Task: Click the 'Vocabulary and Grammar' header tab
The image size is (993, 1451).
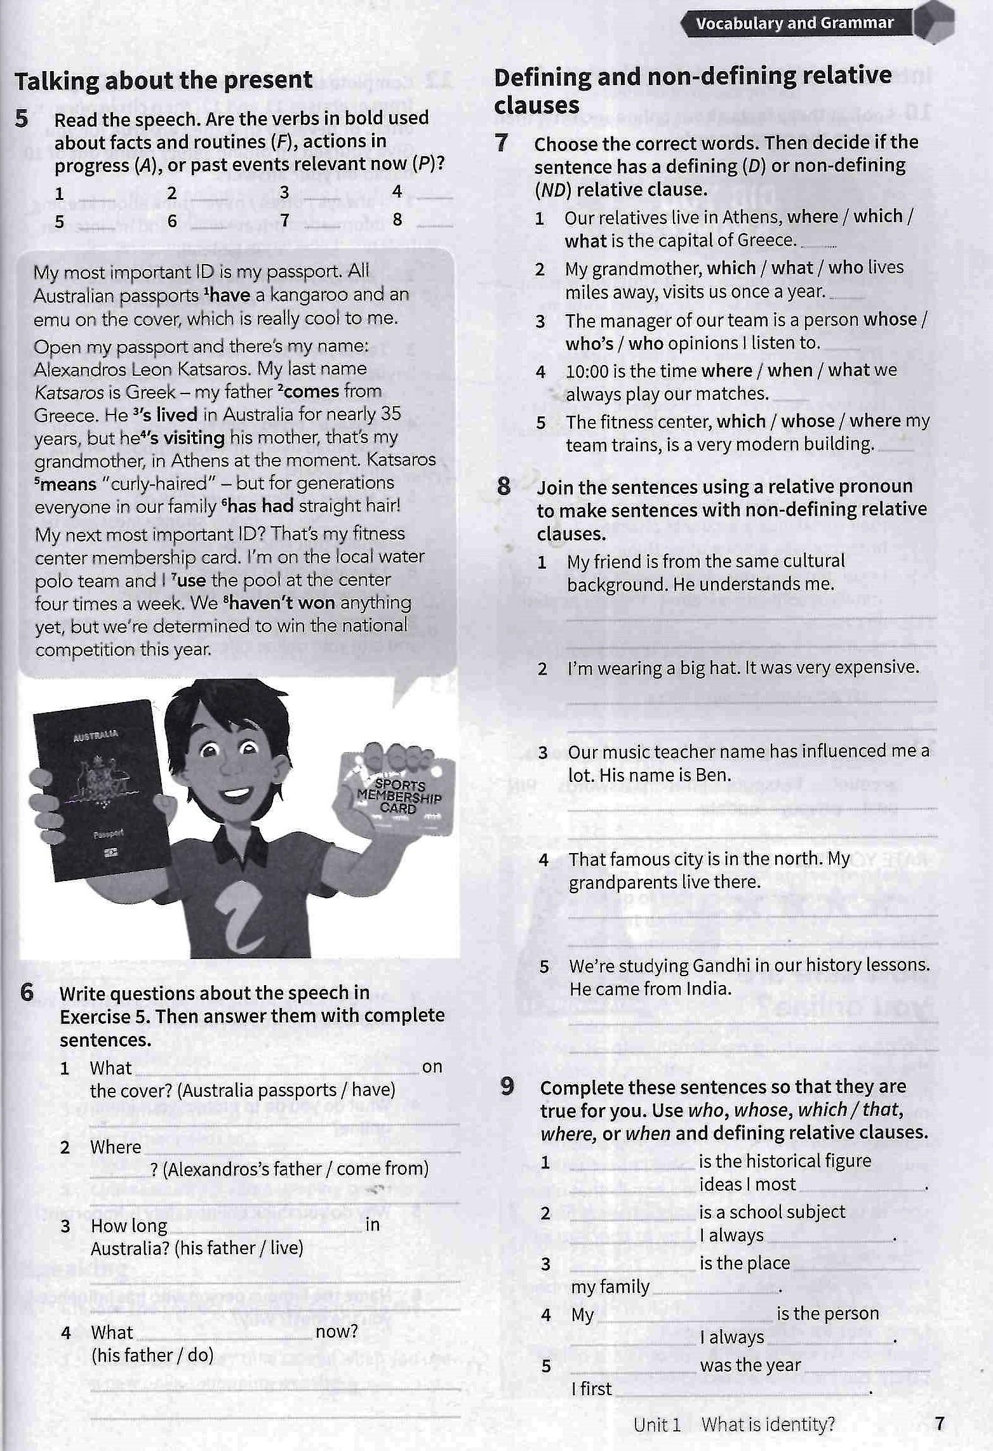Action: tap(794, 23)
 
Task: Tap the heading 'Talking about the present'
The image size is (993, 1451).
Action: tap(163, 81)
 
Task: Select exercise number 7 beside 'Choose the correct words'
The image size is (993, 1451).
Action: tap(502, 143)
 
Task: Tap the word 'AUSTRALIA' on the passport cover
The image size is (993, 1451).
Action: tap(95, 736)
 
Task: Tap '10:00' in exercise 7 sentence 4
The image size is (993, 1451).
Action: tap(587, 371)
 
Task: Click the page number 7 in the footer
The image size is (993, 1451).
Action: tap(940, 1424)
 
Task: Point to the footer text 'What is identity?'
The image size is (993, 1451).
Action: tap(768, 1424)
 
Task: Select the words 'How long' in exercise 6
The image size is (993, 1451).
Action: tap(129, 1226)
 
